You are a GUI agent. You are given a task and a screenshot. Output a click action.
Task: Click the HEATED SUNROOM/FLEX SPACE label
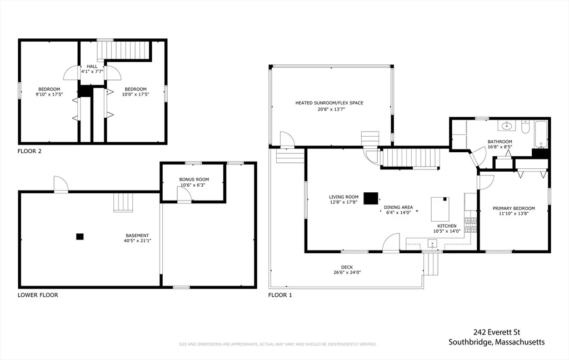pyautogui.click(x=329, y=103)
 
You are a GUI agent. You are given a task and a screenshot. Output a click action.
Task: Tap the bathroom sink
pyautogui.click(x=507, y=126)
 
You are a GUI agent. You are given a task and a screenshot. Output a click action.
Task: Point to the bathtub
pyautogui.click(x=541, y=134)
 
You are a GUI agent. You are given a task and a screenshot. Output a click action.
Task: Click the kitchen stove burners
pyautogui.click(x=471, y=224)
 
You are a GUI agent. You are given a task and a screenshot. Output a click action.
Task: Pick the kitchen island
pyautogui.click(x=440, y=209)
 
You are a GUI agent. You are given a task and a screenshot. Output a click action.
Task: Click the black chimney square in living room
pyautogui.click(x=371, y=198)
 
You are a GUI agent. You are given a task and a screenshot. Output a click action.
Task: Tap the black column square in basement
pyautogui.click(x=80, y=237)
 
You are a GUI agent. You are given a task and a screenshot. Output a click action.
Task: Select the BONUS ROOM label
pyautogui.click(x=194, y=179)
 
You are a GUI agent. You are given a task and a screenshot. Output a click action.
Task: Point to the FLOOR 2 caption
pyautogui.click(x=29, y=151)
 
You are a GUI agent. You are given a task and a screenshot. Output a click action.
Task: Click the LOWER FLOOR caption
pyautogui.click(x=38, y=295)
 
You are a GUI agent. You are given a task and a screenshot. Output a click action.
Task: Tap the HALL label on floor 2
pyautogui.click(x=92, y=67)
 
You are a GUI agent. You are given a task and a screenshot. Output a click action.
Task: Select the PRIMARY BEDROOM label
pyautogui.click(x=513, y=208)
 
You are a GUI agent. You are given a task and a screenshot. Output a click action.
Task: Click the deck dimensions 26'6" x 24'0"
pyautogui.click(x=347, y=273)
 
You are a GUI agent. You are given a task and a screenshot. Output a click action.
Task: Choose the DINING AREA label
pyautogui.click(x=398, y=208)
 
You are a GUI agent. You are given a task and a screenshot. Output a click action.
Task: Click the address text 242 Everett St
pyautogui.click(x=496, y=332)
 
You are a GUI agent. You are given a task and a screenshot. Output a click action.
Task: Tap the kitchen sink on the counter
pyautogui.click(x=432, y=243)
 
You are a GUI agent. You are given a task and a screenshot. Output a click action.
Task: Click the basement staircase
pyautogui.click(x=123, y=202)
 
